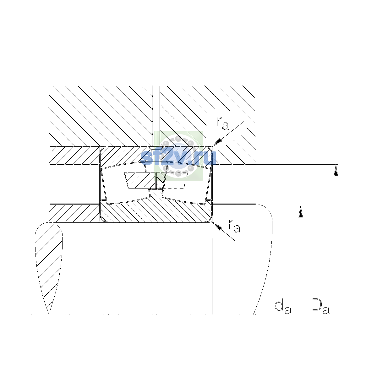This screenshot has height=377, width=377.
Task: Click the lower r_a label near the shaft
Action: click(234, 226)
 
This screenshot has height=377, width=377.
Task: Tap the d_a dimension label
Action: click(283, 308)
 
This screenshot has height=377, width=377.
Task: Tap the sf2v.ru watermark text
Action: click(178, 158)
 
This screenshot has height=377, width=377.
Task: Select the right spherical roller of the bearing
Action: click(187, 183)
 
